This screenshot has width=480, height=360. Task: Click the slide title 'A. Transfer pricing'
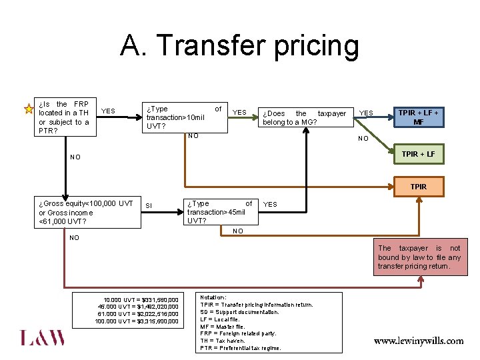pos(239,47)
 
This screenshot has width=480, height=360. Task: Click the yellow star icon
pos(29,109)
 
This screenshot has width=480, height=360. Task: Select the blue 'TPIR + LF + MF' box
pos(418,117)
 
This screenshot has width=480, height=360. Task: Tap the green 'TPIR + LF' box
pos(418,155)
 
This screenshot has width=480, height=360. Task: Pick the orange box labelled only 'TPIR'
pos(418,187)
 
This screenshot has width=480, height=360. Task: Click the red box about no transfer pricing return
pos(419,257)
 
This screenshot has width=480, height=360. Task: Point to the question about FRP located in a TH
pos(64,117)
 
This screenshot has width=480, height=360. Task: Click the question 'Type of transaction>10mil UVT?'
pos(183,117)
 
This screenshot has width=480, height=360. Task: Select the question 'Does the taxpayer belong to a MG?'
pos(304,118)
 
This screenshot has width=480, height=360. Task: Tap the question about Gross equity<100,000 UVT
pos(86,212)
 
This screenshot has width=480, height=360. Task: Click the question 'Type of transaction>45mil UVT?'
pos(219,212)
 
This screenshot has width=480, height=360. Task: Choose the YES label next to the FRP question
pos(108,111)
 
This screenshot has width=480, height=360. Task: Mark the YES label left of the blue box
pos(367,113)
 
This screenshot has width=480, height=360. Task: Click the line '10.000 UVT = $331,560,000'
pos(141,299)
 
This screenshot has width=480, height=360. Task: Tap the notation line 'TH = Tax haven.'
pos(223,341)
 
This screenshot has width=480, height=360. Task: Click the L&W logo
pos(43,338)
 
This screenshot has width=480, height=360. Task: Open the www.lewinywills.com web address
pos(419,341)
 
